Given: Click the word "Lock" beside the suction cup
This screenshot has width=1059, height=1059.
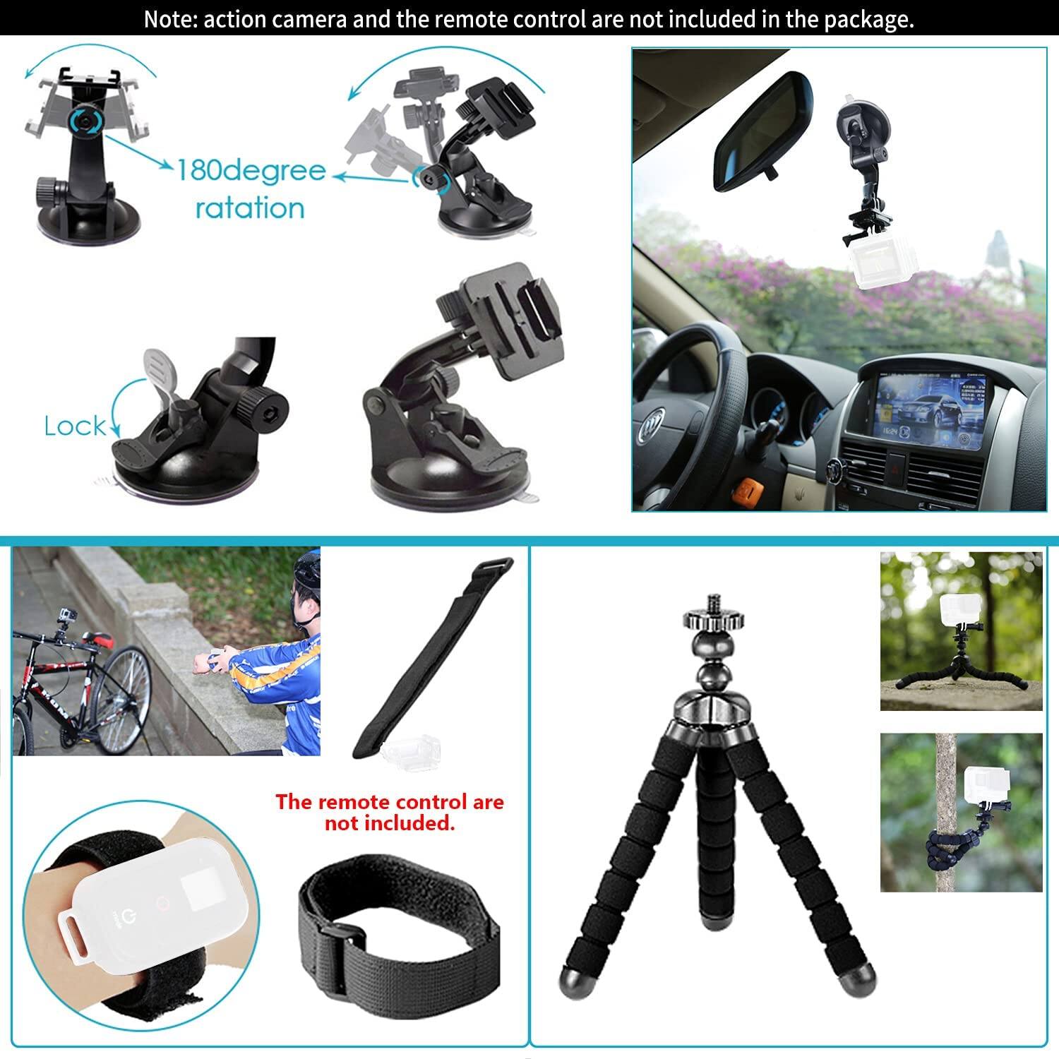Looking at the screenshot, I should coord(75,426).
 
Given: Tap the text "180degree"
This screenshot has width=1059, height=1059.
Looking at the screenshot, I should coord(251,170).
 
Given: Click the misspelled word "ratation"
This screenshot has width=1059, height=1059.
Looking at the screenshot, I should coord(250,208).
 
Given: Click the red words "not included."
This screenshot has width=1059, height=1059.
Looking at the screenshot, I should coord(389,823).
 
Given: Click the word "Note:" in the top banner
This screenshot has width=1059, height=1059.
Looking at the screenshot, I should coord(171,19).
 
